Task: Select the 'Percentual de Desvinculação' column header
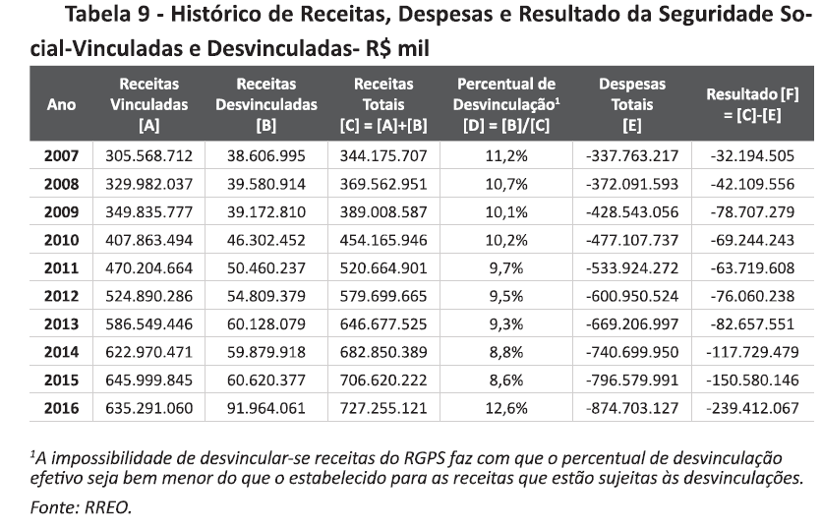[508, 104]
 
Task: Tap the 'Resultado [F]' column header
[752, 104]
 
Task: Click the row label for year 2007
[62, 155]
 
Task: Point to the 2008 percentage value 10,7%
[508, 183]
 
